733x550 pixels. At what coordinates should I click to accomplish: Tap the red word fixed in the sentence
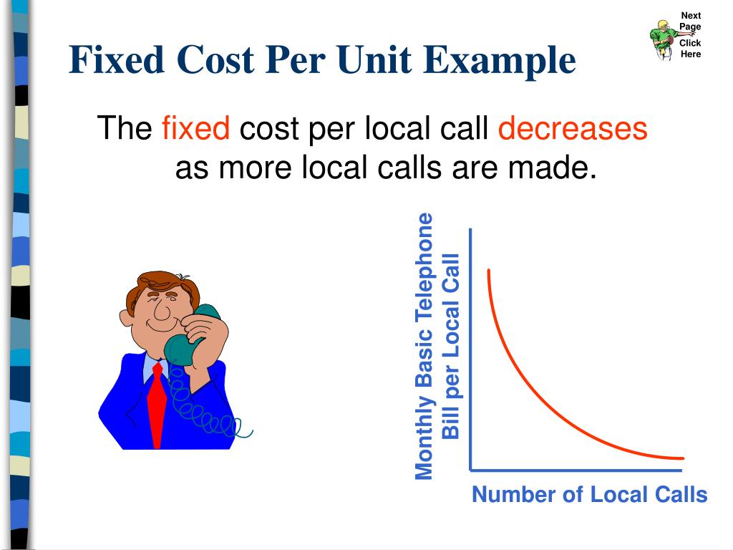point(195,129)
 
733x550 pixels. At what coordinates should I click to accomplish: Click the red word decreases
point(572,129)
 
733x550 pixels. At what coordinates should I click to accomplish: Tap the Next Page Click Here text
point(690,35)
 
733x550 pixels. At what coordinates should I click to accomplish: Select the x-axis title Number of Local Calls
point(589,494)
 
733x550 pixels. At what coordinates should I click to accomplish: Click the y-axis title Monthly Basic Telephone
point(424,346)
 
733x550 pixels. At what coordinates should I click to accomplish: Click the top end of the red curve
point(489,271)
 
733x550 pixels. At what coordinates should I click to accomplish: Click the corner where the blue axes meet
point(470,470)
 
